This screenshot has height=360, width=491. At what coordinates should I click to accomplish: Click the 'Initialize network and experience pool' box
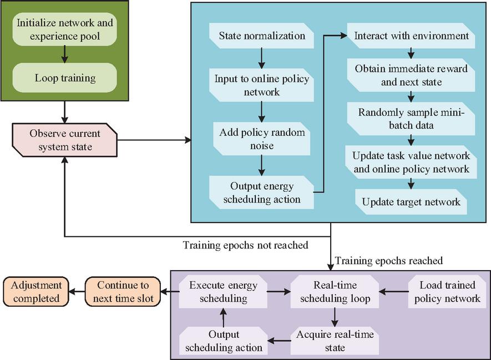click(64, 29)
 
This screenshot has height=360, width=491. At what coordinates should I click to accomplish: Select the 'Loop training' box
click(64, 78)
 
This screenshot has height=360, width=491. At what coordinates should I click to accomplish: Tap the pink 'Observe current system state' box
click(64, 140)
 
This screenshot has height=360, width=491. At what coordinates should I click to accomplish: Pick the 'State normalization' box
click(261, 36)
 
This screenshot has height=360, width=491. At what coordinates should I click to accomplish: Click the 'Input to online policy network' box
click(261, 85)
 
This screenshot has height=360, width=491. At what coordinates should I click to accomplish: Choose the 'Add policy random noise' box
click(261, 139)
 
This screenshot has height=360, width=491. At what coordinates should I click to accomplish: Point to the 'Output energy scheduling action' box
click(261, 192)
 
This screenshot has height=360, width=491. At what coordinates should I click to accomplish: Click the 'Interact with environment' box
click(411, 36)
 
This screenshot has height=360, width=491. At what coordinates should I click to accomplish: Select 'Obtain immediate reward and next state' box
click(411, 75)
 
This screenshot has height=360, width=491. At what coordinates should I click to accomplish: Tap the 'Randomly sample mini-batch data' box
click(411, 119)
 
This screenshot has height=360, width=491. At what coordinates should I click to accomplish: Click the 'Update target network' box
click(411, 202)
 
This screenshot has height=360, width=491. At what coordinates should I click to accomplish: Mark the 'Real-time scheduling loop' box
click(335, 292)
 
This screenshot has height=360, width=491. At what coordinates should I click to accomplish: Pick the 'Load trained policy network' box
click(447, 292)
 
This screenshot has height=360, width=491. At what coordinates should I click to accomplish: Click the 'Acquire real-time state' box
click(335, 341)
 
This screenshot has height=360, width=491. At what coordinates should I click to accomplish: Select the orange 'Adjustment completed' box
click(36, 291)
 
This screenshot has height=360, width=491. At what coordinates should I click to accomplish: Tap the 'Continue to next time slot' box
click(123, 291)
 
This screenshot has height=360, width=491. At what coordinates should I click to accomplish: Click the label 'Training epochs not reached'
click(245, 245)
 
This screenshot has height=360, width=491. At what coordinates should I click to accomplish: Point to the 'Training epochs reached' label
click(389, 261)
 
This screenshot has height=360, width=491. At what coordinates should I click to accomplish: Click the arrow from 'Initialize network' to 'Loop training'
click(64, 54)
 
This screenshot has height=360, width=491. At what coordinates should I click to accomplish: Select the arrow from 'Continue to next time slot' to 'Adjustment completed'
click(77, 292)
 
